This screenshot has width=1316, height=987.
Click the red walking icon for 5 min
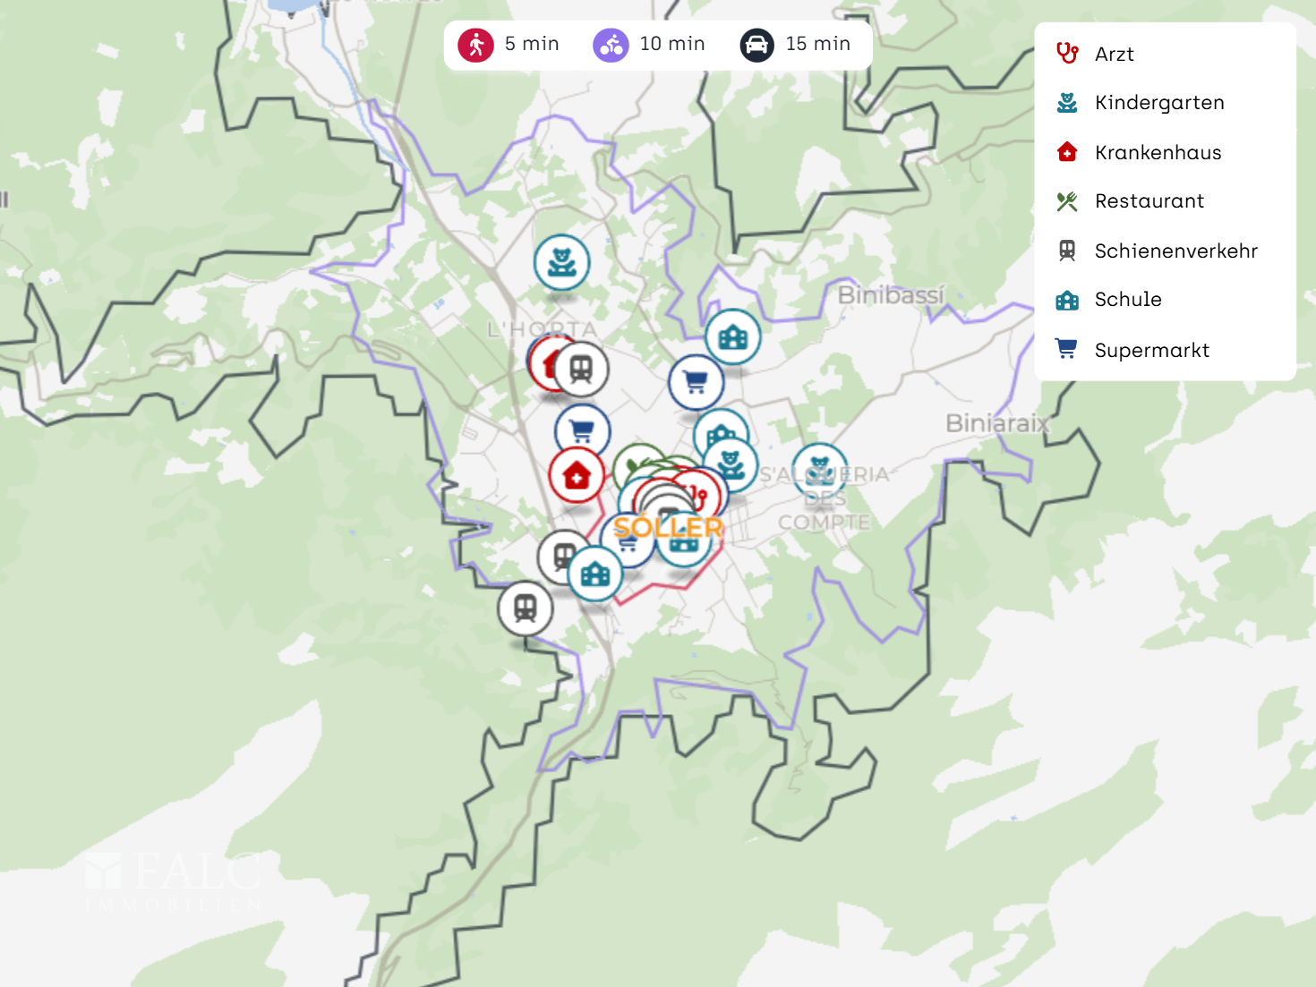(x=475, y=45)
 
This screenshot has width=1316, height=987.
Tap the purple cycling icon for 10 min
(x=611, y=45)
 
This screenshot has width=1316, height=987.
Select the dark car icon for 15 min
(x=756, y=45)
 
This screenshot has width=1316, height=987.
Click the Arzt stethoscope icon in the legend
(x=1066, y=54)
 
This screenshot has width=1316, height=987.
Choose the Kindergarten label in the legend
(x=1158, y=103)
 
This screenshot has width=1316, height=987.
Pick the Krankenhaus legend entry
(x=1157, y=152)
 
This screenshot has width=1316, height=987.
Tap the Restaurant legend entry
(x=1149, y=201)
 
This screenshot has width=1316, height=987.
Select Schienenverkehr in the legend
(x=1175, y=251)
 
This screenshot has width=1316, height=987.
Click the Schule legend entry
(x=1127, y=300)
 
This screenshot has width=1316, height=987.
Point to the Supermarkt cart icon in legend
(x=1066, y=349)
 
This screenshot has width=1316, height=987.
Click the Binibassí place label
(x=891, y=294)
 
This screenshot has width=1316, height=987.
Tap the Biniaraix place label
(x=997, y=422)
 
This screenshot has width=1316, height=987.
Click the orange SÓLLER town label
(x=668, y=528)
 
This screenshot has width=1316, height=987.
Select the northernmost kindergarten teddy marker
(x=561, y=262)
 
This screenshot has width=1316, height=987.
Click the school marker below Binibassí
(x=732, y=336)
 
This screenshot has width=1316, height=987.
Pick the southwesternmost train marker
(x=526, y=608)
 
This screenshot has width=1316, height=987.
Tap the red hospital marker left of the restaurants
(x=577, y=475)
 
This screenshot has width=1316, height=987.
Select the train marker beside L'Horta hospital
(x=581, y=369)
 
